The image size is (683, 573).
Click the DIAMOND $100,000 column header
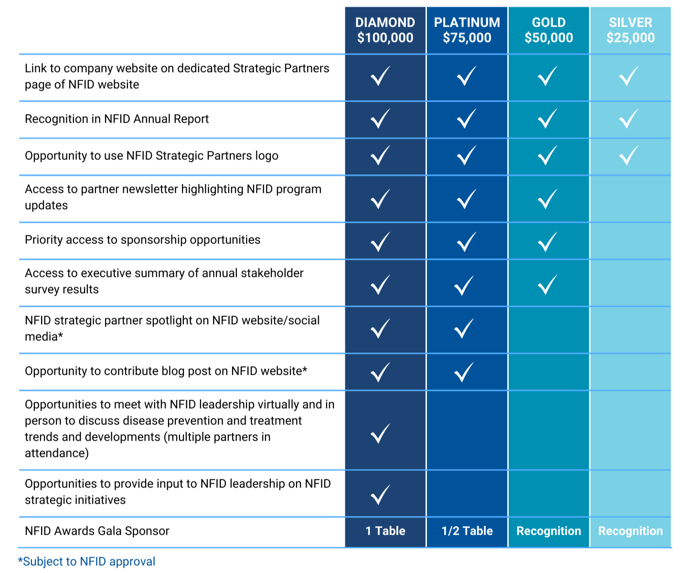385,30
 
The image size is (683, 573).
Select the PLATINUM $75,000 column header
467,30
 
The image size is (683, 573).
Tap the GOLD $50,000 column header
548,30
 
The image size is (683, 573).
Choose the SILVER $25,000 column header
630,30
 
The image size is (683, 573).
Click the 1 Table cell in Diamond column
385,531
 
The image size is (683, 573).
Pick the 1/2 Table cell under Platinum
467,531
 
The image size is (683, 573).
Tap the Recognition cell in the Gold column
548,531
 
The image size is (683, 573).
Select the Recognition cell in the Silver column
630,531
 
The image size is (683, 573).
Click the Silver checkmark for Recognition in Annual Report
629,119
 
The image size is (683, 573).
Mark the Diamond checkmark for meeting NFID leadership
381,433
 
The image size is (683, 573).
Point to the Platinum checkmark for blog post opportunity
464,372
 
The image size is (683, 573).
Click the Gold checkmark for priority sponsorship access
547,242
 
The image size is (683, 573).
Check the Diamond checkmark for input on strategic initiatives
381,494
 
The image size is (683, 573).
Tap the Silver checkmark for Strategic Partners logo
629,156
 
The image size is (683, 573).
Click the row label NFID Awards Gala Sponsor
97,531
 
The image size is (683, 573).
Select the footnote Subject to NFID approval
87,562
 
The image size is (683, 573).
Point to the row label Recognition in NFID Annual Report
117,119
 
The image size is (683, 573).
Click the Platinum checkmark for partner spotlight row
464,329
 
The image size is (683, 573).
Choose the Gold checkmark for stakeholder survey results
547,285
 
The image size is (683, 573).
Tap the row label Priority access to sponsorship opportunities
142,240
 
